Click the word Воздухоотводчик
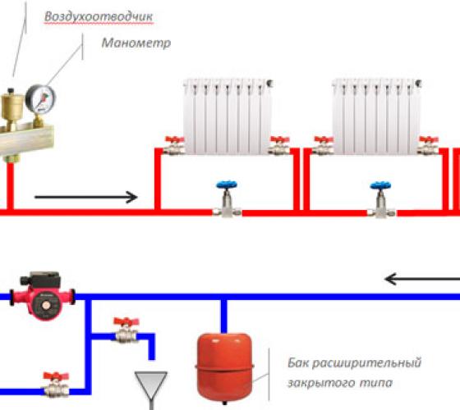click(99, 16)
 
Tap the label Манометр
click(136, 43)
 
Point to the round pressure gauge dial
click(40, 99)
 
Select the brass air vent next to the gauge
click(12, 107)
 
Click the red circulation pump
click(43, 296)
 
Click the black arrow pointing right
click(86, 197)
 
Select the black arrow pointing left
click(422, 279)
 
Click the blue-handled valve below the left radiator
click(227, 199)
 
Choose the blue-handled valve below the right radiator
click(381, 199)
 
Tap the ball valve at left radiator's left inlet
click(173, 146)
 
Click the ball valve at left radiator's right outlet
click(279, 146)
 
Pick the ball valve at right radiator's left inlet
click(323, 146)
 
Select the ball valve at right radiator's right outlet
click(428, 146)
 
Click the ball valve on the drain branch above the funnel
click(126, 330)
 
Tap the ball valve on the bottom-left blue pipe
click(56, 385)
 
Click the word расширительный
click(366, 363)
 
